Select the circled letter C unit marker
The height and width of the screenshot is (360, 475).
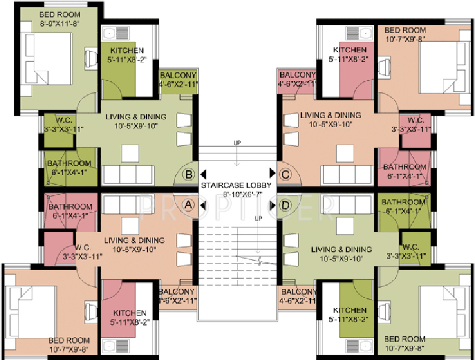click(286, 174)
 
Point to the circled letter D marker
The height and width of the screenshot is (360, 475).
click(286, 203)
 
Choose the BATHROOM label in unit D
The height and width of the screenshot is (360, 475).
click(403, 202)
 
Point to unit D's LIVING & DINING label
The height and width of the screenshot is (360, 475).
click(341, 249)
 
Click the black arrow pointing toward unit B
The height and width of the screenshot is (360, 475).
click(203, 174)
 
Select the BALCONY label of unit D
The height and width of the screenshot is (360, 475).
click(298, 292)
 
